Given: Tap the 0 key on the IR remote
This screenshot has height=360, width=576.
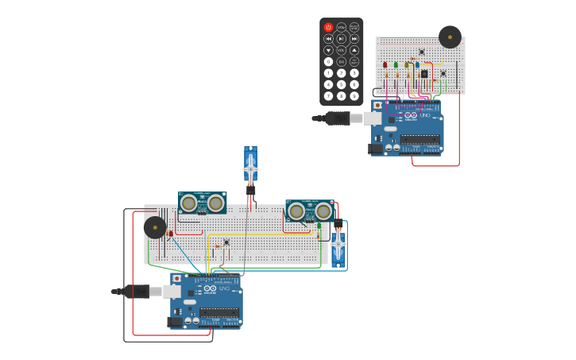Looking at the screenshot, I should [328, 61].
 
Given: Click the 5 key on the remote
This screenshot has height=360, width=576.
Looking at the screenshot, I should [342, 84].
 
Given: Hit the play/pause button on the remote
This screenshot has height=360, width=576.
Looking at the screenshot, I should [342, 38].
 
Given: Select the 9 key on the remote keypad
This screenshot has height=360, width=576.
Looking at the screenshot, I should [354, 96].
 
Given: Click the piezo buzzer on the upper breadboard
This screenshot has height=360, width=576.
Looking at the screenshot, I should [450, 37].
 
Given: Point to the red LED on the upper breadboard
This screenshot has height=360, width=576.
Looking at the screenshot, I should [385, 65].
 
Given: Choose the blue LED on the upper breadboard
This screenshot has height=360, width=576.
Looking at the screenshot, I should [417, 65].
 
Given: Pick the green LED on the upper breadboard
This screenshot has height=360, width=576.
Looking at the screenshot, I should [396, 65].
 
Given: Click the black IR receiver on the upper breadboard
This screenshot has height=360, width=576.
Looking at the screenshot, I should [424, 74].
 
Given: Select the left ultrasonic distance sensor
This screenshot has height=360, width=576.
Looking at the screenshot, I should [202, 203].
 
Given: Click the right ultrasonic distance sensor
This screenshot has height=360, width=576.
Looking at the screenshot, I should [310, 211].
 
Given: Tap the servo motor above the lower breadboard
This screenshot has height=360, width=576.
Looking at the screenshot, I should [250, 167].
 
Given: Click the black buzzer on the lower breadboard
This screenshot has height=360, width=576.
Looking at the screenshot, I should [155, 228].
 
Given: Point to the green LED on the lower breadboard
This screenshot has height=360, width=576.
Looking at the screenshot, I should [319, 226].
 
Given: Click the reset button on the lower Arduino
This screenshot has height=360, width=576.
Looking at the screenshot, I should [176, 279].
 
